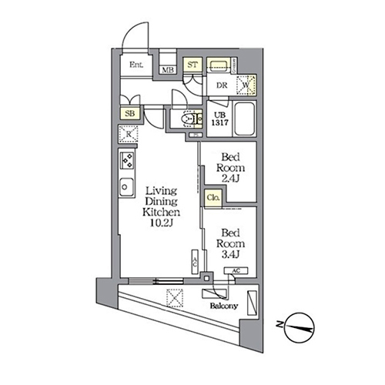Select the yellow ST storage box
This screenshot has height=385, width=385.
pyautogui.click(x=192, y=65)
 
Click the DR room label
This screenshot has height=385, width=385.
pyautogui.click(x=219, y=86)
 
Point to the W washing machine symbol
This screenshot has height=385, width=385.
pyautogui.click(x=248, y=86)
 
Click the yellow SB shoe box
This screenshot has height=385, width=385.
pyautogui.click(x=129, y=114)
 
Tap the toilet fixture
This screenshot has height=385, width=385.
pyautogui.click(x=187, y=120)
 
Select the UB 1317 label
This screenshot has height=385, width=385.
pyautogui.click(x=219, y=122)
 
